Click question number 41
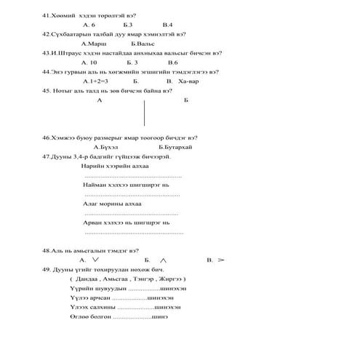(x=48, y=15)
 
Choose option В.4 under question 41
(x=167, y=25)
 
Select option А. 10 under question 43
(x=89, y=63)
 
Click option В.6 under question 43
(x=173, y=63)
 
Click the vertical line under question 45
(x=145, y=112)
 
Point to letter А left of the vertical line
(x=99, y=100)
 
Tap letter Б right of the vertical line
(x=186, y=100)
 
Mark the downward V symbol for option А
(x=96, y=259)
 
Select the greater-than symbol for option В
(x=221, y=259)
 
